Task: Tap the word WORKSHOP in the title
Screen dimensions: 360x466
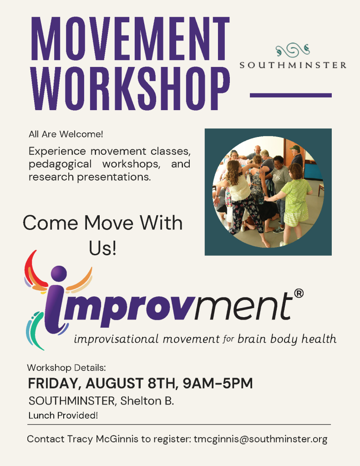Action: [131, 88]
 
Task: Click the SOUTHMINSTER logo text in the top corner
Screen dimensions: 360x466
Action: [293, 65]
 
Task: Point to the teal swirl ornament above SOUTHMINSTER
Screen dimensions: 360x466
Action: [293, 50]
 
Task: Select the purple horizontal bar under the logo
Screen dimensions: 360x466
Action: [291, 96]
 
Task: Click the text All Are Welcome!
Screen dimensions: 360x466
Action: [66, 134]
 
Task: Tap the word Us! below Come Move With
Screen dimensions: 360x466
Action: [102, 248]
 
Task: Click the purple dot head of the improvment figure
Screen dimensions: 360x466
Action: [59, 273]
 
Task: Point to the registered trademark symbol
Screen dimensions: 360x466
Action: [299, 294]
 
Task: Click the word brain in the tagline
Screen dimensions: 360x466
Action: [252, 339]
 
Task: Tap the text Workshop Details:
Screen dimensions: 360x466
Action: [66, 368]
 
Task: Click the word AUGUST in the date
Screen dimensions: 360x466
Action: [115, 383]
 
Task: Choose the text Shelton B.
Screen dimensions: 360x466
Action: [147, 401]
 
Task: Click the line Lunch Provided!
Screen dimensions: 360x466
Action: [63, 415]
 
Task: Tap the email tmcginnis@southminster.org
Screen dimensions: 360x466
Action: [261, 439]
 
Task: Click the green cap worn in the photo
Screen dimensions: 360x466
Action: [294, 147]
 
